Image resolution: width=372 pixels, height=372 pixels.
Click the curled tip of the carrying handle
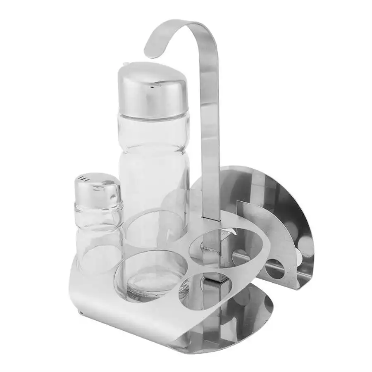coord(152,48)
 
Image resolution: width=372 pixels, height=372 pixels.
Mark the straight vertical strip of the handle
coord(210,136)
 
